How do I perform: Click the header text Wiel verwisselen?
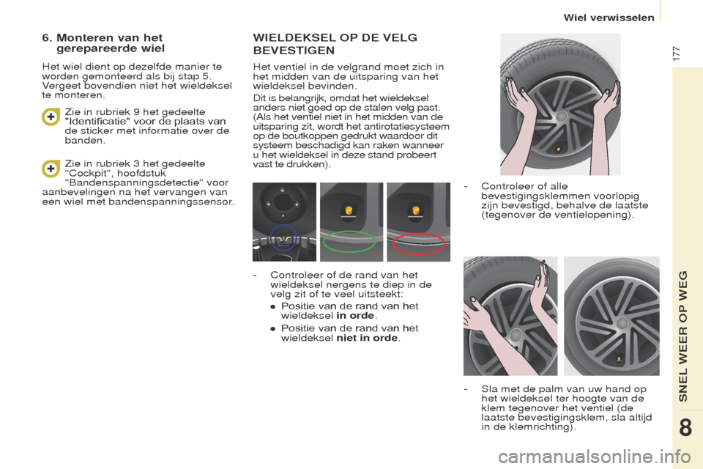pyautogui.click(x=609, y=18)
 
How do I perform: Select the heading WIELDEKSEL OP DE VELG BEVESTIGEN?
pyautogui.click(x=335, y=44)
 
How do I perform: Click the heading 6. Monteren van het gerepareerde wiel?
pyautogui.click(x=110, y=43)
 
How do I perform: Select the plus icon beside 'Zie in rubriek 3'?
pyautogui.click(x=50, y=169)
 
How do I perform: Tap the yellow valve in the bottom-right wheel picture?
pyautogui.click(x=619, y=359)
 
